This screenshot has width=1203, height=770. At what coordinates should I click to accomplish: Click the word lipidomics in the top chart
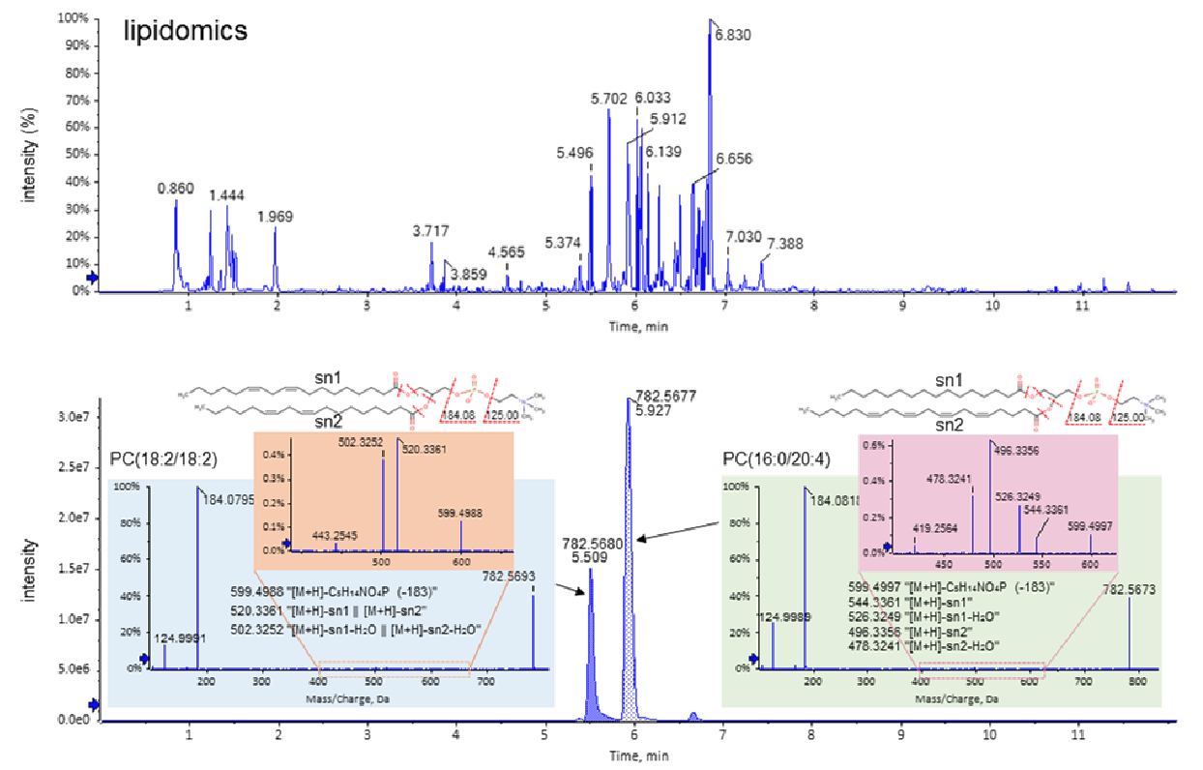point(185,31)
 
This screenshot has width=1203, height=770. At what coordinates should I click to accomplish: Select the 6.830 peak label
point(732,35)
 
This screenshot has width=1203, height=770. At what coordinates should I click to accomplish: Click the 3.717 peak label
point(430,230)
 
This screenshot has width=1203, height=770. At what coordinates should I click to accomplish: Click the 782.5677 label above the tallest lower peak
point(666,395)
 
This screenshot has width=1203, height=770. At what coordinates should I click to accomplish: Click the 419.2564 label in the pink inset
point(937,529)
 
